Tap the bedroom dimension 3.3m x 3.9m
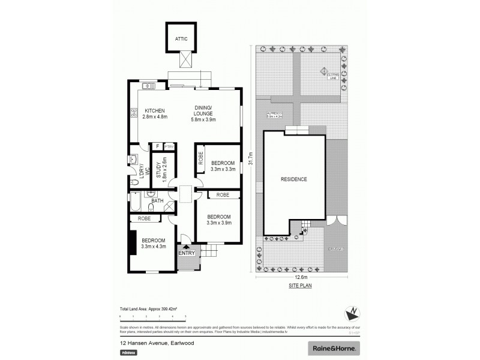click(x=219, y=223)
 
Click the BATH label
click(x=158, y=200)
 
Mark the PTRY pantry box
click(x=169, y=146)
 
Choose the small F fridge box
click(x=158, y=146)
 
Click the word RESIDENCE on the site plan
click(x=294, y=179)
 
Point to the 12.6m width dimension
click(x=301, y=277)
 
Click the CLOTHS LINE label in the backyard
click(x=332, y=76)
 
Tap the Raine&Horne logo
click(x=335, y=347)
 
